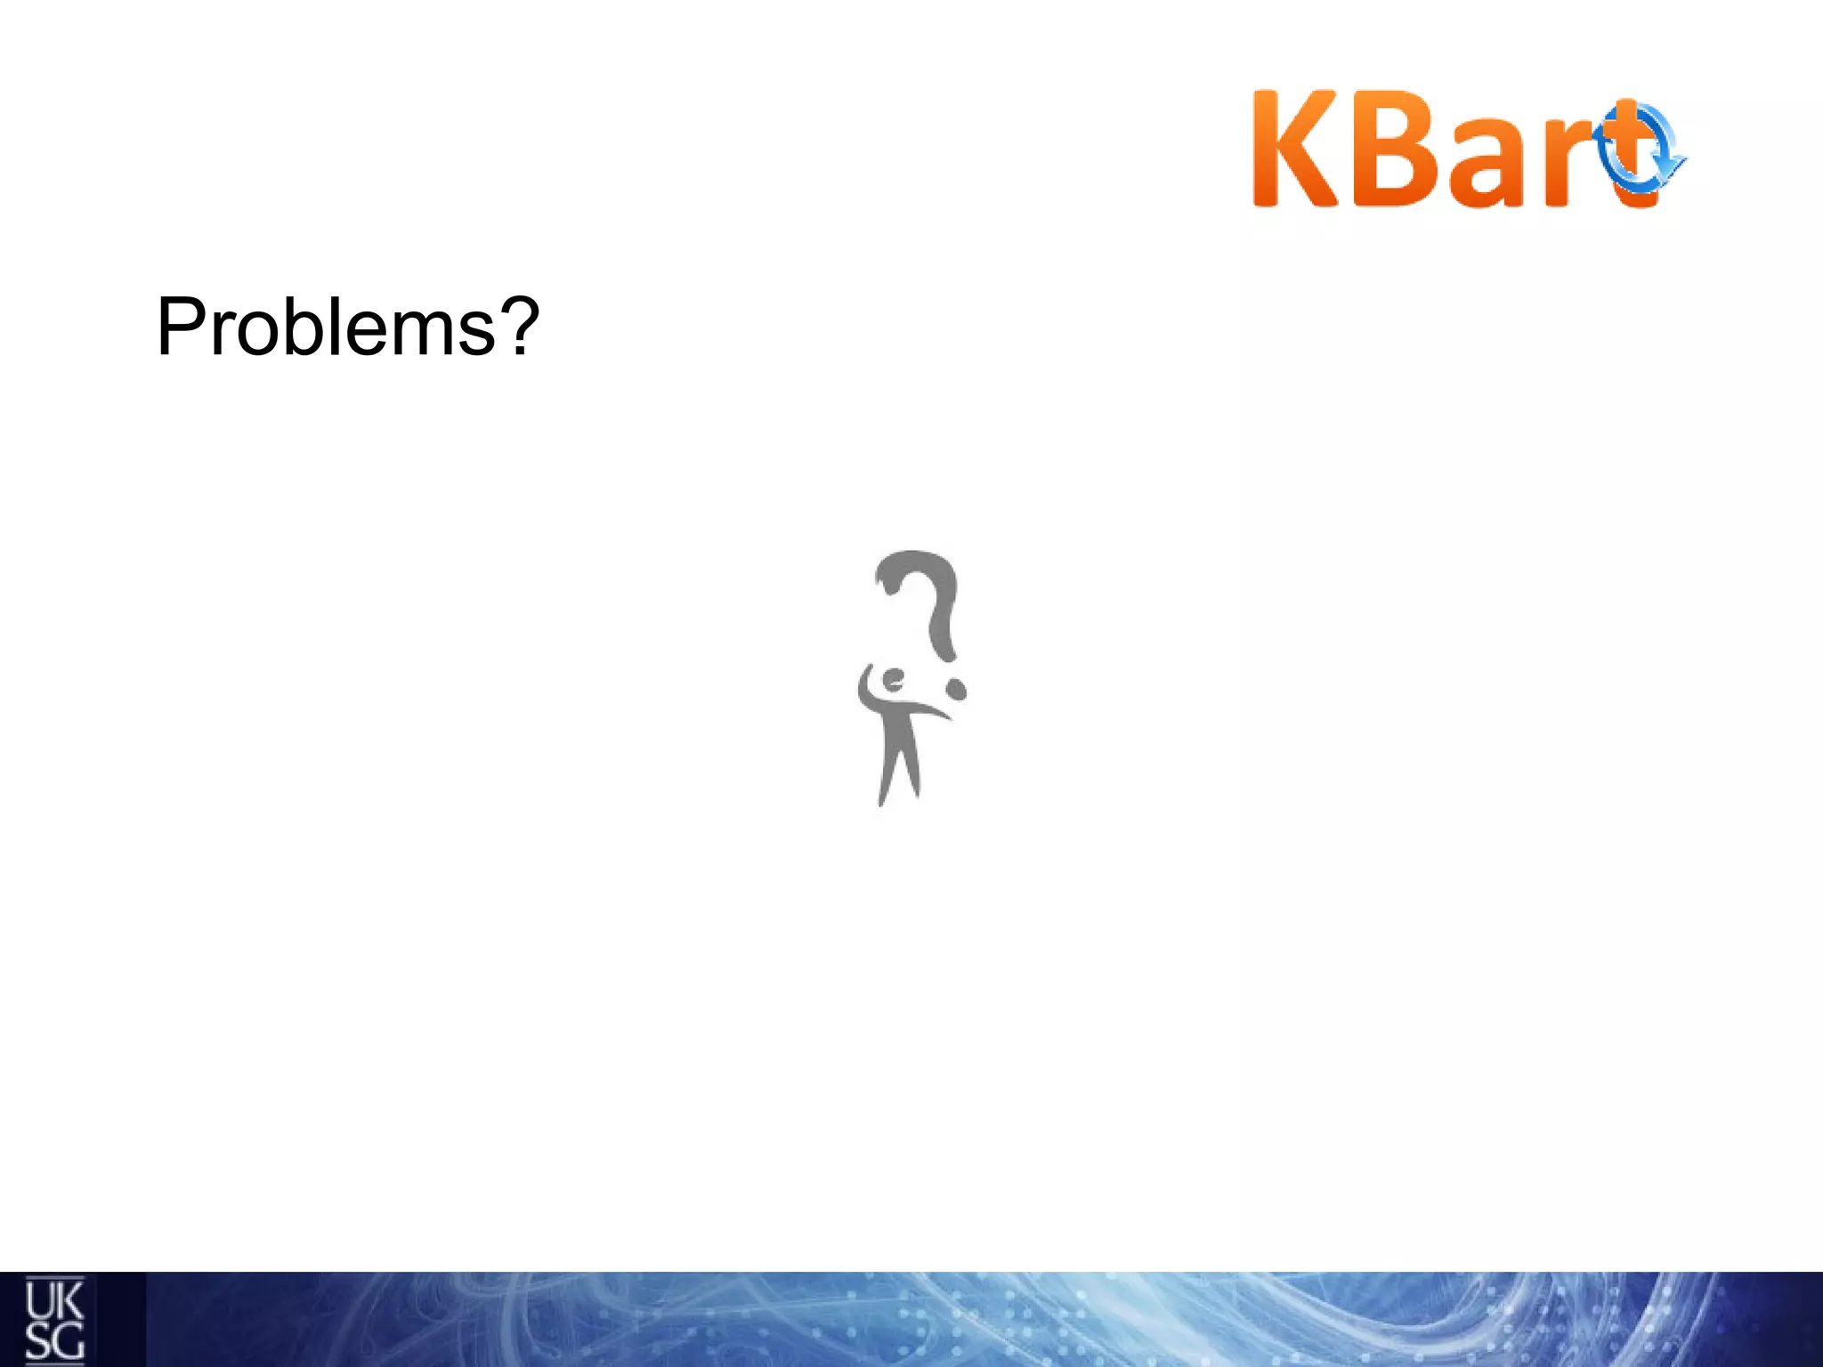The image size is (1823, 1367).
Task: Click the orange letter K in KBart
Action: (x=1295, y=150)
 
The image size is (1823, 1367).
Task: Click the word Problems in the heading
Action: (x=326, y=328)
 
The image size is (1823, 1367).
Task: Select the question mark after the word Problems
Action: (x=515, y=326)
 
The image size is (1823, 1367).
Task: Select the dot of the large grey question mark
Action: (x=955, y=690)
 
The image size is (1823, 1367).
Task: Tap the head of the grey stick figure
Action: (x=892, y=681)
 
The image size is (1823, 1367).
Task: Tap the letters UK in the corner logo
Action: (x=53, y=1302)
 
